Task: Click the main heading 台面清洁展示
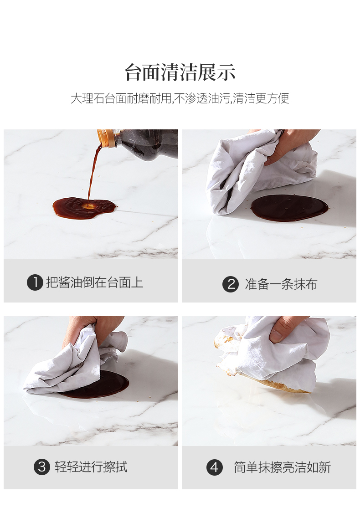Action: click(x=180, y=72)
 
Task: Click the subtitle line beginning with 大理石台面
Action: click(x=180, y=98)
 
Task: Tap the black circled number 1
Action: click(x=35, y=282)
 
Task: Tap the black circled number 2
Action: click(x=231, y=284)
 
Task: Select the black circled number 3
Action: click(x=42, y=467)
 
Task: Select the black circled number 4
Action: click(x=214, y=467)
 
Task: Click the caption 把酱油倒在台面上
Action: click(x=94, y=282)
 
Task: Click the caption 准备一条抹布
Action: click(x=281, y=284)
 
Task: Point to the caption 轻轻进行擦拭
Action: click(x=91, y=467)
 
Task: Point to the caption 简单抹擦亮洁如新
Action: click(x=283, y=467)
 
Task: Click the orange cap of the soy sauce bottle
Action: click(x=107, y=138)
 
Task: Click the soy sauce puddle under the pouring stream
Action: click(x=84, y=208)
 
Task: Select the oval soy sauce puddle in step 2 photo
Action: click(x=289, y=208)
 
